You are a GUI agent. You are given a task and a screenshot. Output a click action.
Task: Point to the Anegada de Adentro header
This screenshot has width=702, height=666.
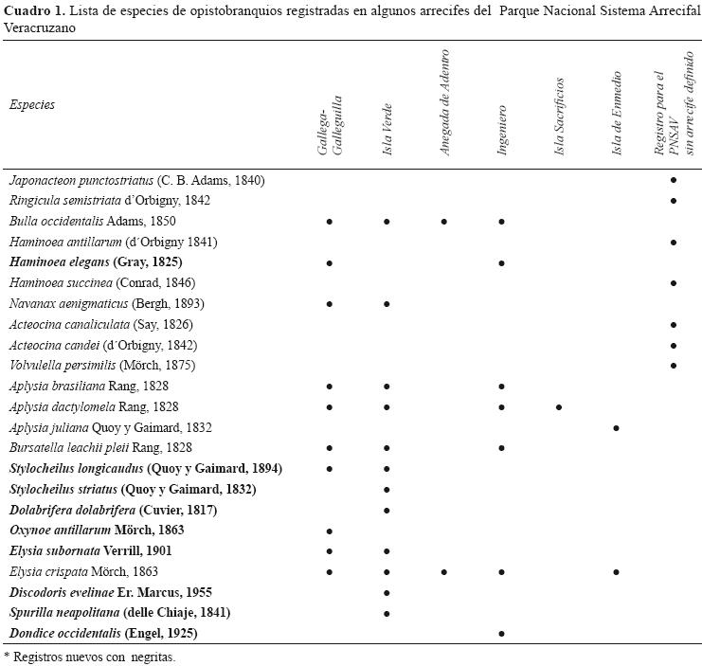444,103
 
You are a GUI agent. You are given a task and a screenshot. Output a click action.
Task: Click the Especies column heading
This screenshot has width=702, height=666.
32,105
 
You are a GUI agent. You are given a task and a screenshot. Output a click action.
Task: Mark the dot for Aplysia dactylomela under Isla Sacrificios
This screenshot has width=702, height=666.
559,407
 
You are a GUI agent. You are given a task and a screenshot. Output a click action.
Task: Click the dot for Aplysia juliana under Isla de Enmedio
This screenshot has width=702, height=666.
617,428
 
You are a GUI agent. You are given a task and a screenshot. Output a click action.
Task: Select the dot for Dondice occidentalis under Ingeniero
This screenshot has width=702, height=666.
501,633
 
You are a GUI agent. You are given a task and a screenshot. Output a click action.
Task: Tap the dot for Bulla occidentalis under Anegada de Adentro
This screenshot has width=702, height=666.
443,222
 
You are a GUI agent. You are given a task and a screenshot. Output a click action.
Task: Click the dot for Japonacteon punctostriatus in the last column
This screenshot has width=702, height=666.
674,180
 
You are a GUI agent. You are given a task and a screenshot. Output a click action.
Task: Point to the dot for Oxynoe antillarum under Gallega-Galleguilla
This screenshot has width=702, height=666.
329,531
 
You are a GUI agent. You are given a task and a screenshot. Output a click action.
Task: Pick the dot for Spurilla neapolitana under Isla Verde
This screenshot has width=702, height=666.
387,613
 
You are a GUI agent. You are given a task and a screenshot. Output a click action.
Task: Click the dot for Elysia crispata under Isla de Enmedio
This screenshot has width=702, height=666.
617,572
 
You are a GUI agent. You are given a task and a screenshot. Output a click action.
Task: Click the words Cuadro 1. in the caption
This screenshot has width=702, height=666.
33,11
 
